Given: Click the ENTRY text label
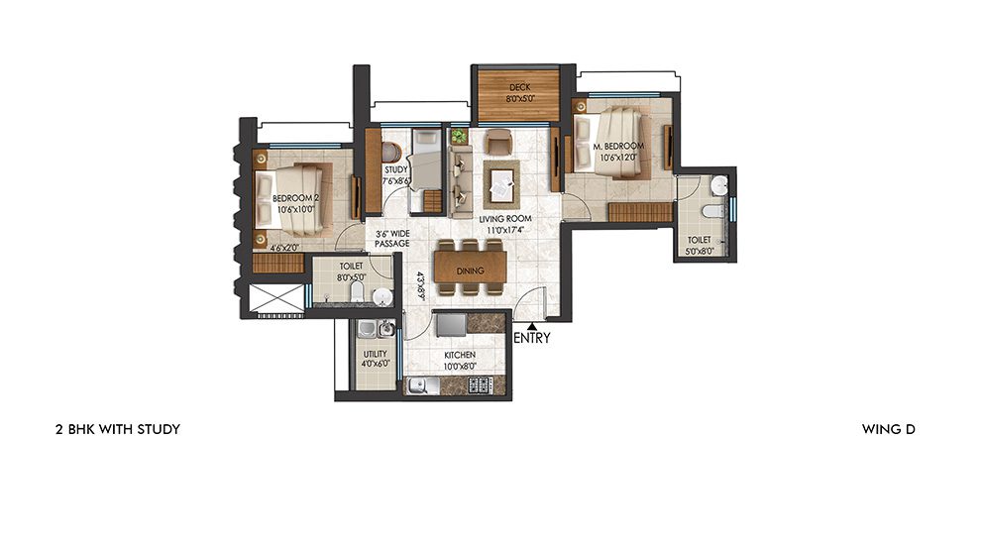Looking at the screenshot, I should (x=532, y=338).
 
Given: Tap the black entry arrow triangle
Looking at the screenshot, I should (x=532, y=324).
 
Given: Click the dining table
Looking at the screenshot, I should (x=470, y=269).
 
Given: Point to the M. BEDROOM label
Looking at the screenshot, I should (x=618, y=146).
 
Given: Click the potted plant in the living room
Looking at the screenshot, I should (x=458, y=136).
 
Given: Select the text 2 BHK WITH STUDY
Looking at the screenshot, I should (x=117, y=429).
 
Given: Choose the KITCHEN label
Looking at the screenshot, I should (x=459, y=354).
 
